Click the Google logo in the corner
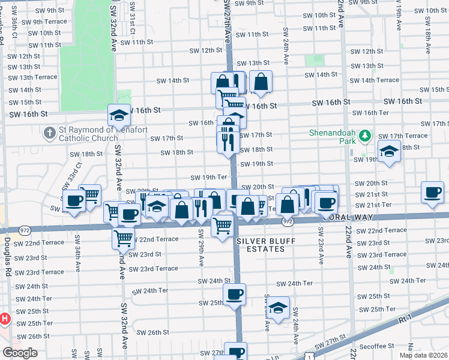20,353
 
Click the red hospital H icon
4,318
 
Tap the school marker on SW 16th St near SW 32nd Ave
119,115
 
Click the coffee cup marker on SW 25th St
234,294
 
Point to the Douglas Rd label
8,257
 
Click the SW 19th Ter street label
209,178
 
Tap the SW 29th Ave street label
201,252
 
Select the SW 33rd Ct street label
76,173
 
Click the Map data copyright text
423,355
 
